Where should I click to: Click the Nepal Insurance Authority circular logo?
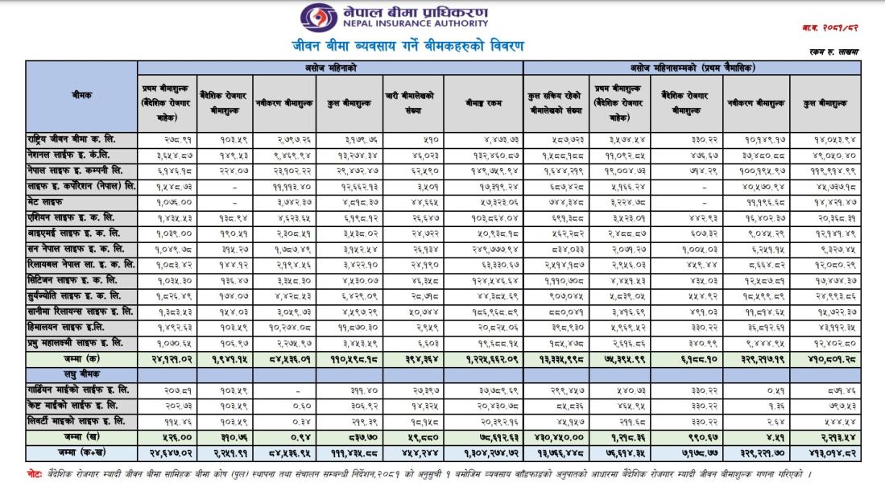click(315, 18)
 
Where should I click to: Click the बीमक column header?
click(81, 95)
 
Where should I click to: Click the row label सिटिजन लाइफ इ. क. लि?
click(73, 279)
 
